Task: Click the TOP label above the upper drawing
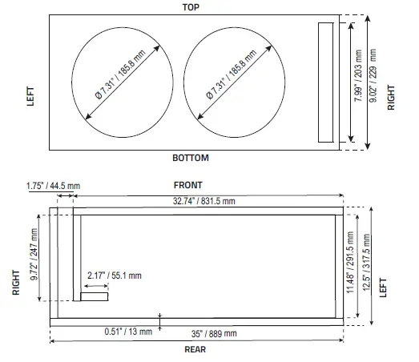click(x=191, y=7)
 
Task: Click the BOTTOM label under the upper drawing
click(x=191, y=158)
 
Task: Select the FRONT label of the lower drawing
click(x=188, y=186)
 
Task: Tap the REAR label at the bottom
click(x=193, y=349)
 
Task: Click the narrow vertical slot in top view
click(x=325, y=82)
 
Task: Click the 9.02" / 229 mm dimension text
click(x=374, y=82)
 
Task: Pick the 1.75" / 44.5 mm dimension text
click(x=53, y=186)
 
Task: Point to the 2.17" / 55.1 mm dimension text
click(x=115, y=276)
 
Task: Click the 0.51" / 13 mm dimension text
click(x=128, y=331)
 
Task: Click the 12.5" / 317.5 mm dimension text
click(x=365, y=259)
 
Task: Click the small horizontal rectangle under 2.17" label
click(x=95, y=297)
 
